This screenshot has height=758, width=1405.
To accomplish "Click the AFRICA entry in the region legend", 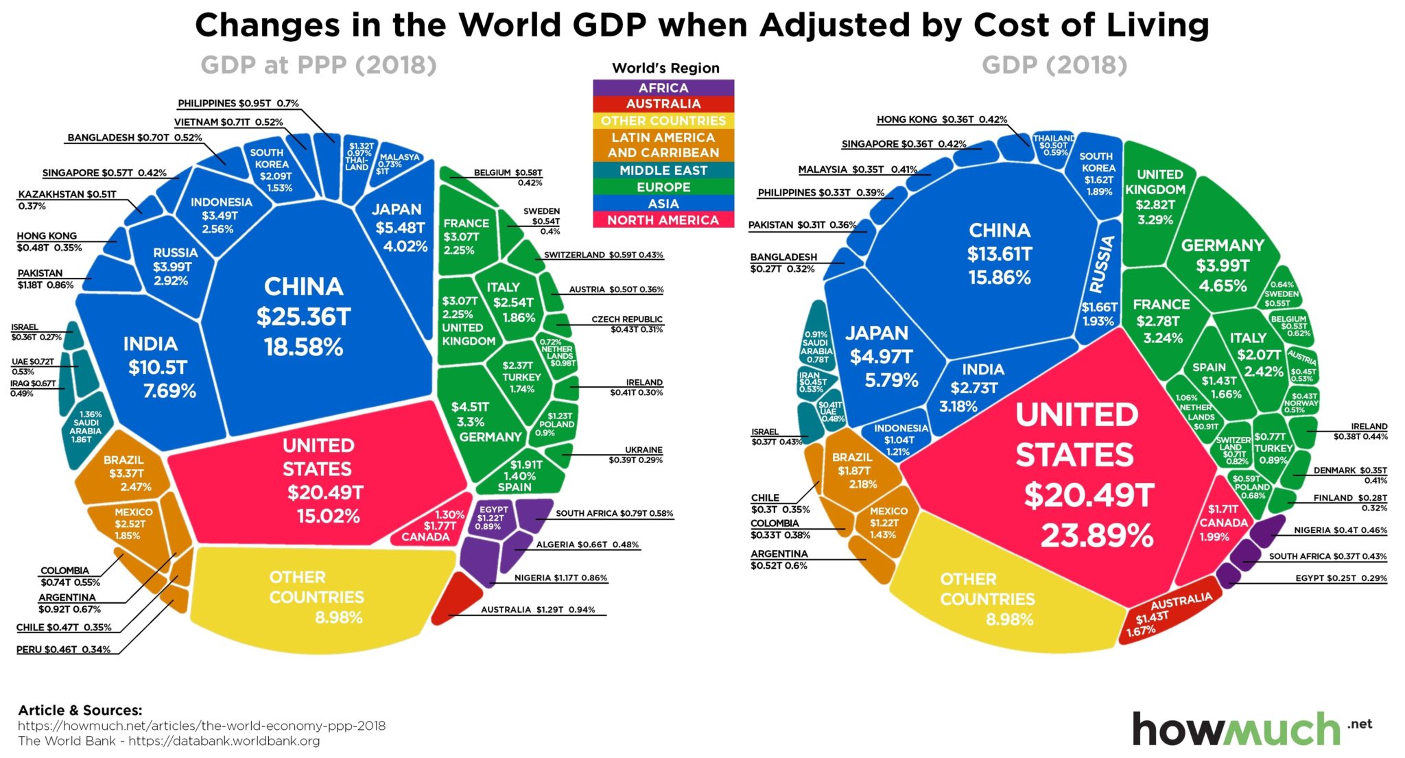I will pos(663,88).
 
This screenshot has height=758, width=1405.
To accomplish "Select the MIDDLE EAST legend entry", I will pos(663,170).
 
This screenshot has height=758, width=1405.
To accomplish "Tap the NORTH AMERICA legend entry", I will pos(663,220).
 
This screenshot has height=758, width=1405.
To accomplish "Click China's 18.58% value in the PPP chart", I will pos(303,347).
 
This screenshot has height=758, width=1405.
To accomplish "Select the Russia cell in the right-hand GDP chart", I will pos(1099,281).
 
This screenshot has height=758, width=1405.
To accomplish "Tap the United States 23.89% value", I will pos(1097,536).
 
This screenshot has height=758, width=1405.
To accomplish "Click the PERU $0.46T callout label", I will pos(63,649).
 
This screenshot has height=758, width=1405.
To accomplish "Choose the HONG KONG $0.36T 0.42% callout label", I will pos(941,119).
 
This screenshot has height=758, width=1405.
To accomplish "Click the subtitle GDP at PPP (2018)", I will pos(318,65).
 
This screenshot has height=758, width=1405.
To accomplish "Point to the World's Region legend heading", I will pos(665,68).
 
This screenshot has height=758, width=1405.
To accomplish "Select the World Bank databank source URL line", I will pos(169,741).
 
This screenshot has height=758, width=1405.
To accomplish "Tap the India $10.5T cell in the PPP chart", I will pos(156,368).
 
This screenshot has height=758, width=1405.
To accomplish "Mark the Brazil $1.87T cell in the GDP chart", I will pos(853,471).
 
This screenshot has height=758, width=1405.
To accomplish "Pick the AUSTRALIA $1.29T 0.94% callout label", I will pos(538,609).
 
